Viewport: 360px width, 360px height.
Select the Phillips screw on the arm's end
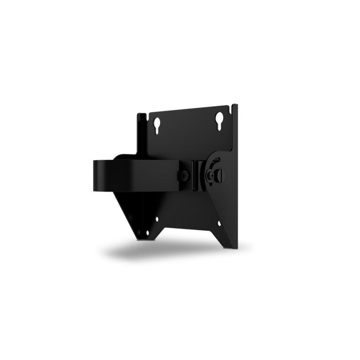point(184,176)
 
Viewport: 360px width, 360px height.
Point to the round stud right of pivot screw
point(221,175)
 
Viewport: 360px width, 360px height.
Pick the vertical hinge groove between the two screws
point(196,175)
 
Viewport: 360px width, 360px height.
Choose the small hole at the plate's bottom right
point(219,224)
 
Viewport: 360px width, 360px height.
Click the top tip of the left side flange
point(141,114)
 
